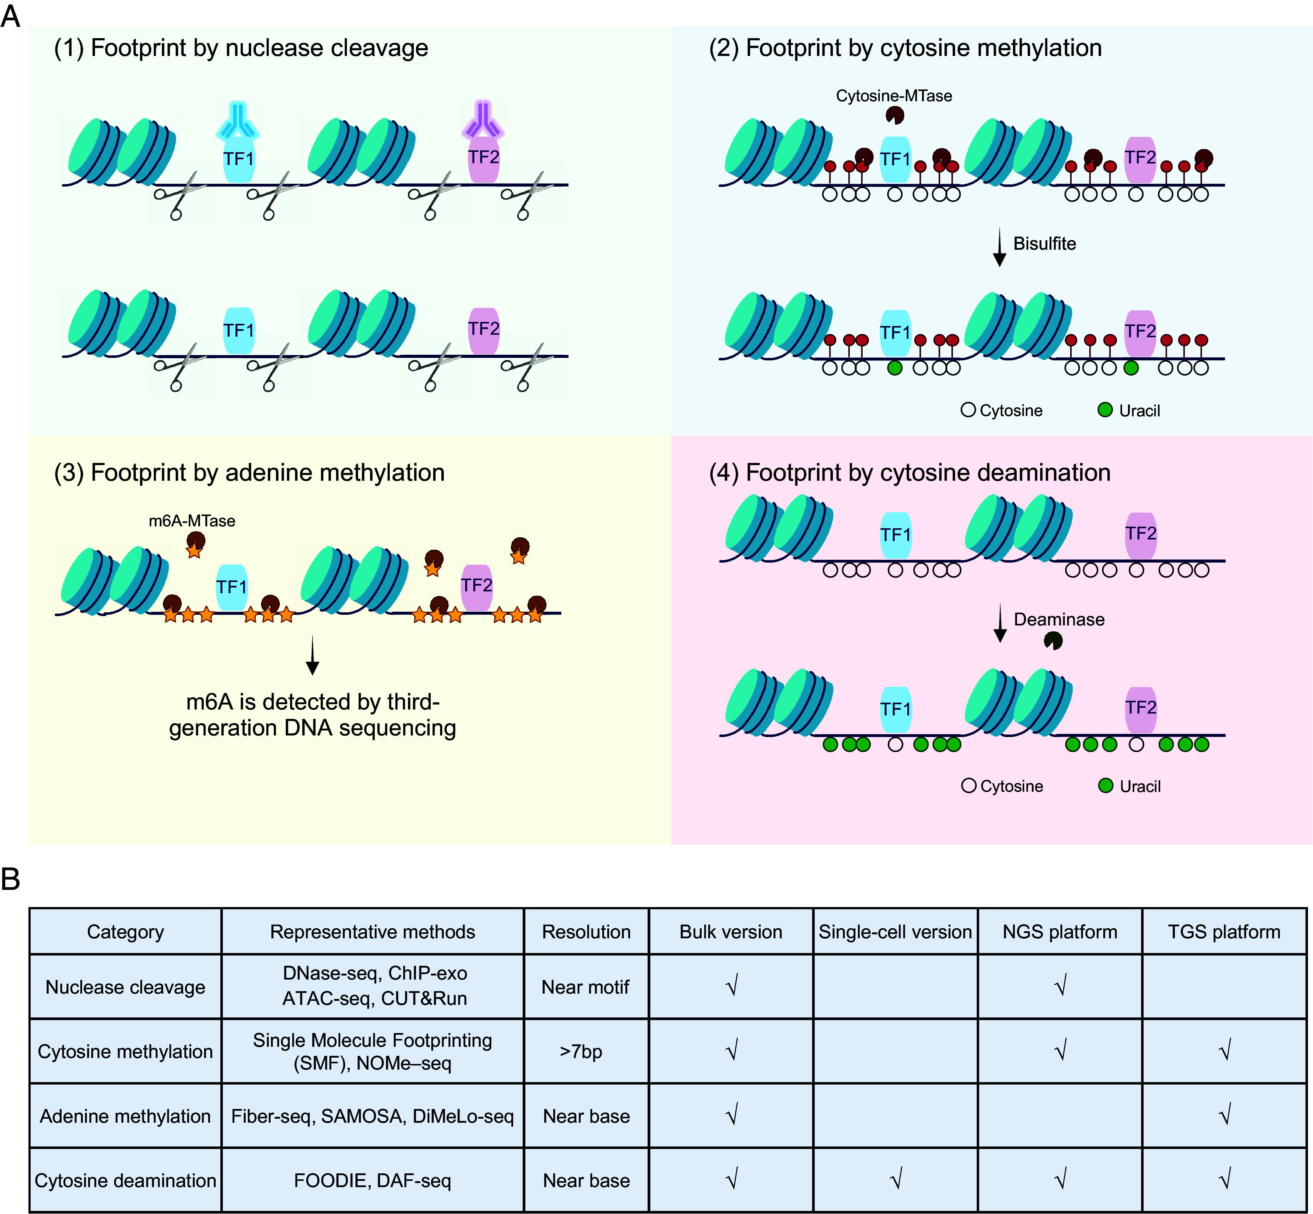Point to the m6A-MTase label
192,521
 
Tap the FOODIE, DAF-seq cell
373,1181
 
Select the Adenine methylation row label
125,1116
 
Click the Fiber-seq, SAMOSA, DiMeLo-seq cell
373,1116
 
